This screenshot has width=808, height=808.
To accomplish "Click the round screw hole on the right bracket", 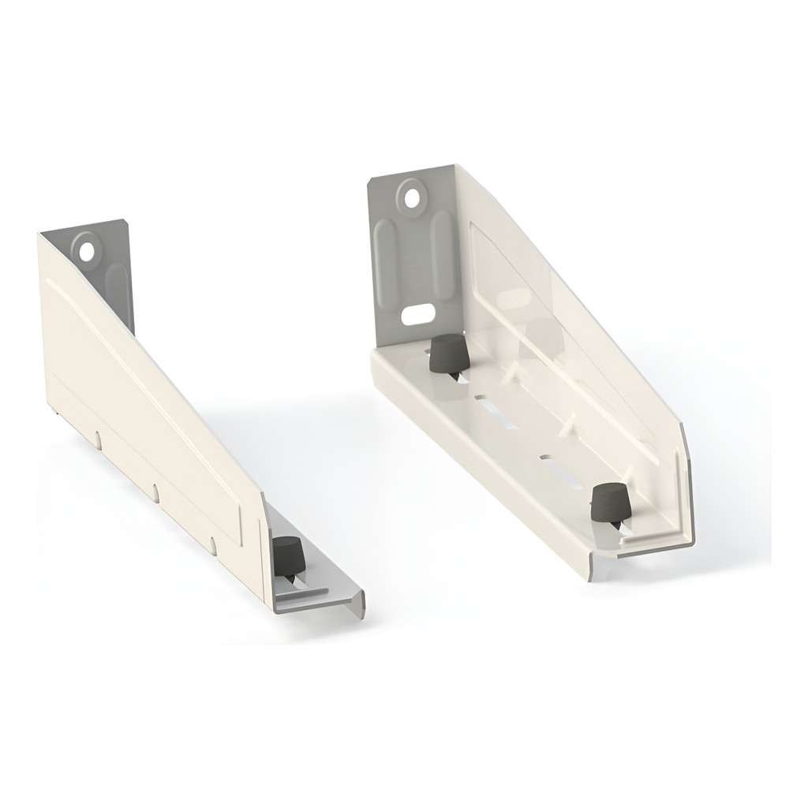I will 412,194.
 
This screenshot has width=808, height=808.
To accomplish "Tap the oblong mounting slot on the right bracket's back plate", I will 417,314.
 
